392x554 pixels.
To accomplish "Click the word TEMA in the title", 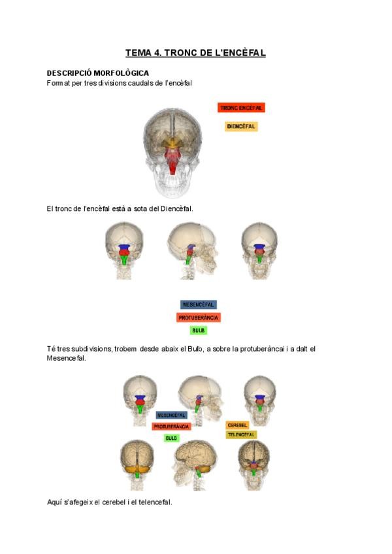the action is [x=139, y=53].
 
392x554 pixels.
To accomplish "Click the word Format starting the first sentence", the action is [x=57, y=83].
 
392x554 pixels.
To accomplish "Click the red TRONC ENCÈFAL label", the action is [x=241, y=108].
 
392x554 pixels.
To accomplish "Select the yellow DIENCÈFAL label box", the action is [x=241, y=126].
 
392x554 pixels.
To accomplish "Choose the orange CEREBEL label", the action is [x=237, y=425].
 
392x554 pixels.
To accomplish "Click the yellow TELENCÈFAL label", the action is [x=241, y=434].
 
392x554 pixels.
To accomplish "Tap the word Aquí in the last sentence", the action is [x=54, y=502].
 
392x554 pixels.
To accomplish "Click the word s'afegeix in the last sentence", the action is [x=81, y=502].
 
